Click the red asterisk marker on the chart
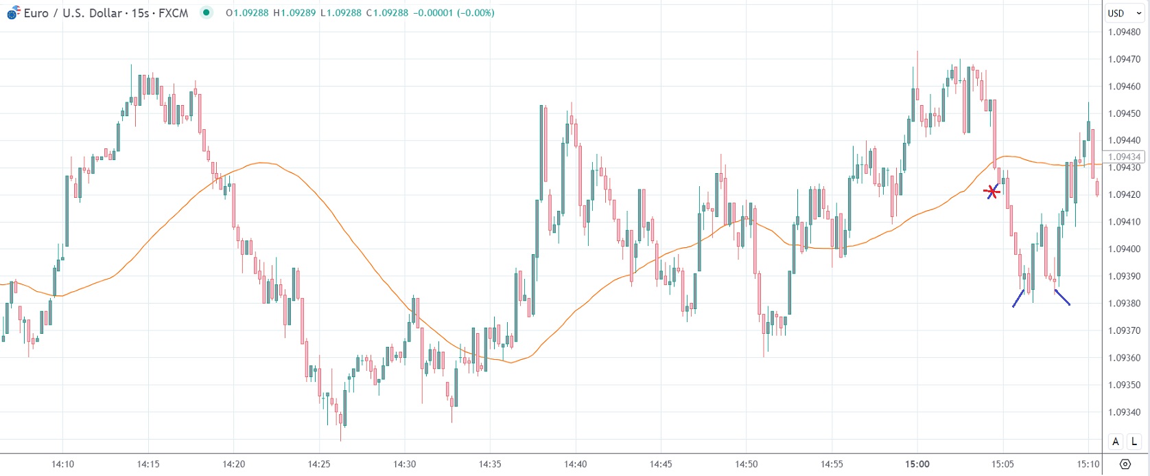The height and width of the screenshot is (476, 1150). click(991, 192)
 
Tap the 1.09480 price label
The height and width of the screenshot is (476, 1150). click(1124, 32)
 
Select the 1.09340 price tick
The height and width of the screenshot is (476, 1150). click(1124, 412)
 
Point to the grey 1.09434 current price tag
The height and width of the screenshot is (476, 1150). click(1124, 157)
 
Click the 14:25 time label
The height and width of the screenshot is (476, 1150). click(319, 464)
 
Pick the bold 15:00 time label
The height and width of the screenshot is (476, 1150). click(917, 464)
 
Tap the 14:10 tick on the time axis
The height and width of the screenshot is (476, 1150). click(62, 464)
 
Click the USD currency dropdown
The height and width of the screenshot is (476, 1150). click(1124, 13)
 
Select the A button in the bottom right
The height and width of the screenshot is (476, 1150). click(1116, 442)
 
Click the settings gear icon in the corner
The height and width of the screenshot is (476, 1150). click(1125, 464)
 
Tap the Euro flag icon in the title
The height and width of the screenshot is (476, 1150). click(13, 13)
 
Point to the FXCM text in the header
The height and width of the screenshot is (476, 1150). click(173, 13)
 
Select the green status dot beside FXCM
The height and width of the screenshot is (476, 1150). click(206, 12)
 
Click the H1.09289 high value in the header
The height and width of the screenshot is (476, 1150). click(294, 13)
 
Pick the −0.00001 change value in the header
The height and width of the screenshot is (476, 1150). click(433, 13)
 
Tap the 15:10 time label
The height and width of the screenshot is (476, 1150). click(1088, 464)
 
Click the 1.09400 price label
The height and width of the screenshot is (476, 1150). click(1124, 249)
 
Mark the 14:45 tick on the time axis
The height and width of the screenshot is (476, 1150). click(661, 464)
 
